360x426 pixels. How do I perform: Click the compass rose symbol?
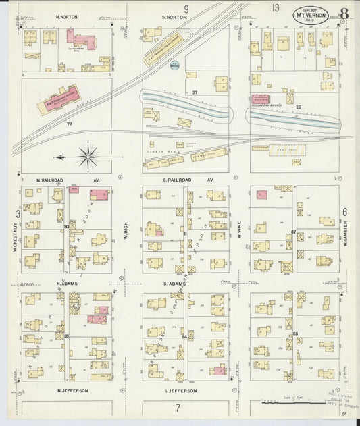tap(88, 157)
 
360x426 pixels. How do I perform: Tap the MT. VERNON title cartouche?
tap(311, 14)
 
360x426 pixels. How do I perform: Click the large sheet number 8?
tap(344, 11)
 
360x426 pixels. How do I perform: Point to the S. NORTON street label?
tap(174, 16)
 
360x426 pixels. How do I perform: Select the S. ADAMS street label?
tap(174, 286)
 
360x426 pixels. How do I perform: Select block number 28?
tap(297, 107)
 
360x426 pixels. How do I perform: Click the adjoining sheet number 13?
tap(275, 7)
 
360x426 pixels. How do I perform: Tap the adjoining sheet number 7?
tap(178, 408)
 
